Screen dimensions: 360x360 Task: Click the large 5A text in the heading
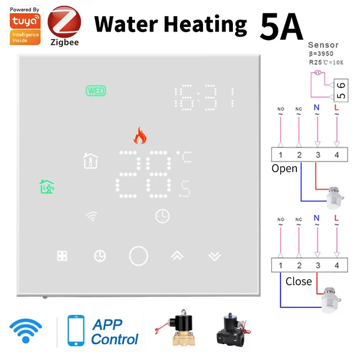coord(281,25)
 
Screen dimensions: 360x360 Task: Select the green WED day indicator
coord(96,91)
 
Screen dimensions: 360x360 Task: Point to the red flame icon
coord(138,136)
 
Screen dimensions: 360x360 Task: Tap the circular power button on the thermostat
coord(138,256)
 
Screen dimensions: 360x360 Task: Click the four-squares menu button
coord(62,256)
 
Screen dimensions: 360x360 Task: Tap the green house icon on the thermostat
coord(47,186)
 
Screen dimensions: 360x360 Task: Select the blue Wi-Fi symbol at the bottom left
coord(26,332)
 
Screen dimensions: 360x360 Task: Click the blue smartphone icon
coord(76,332)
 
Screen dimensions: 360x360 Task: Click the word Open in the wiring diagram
coord(284,168)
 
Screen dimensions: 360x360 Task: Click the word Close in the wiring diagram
coord(298,281)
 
